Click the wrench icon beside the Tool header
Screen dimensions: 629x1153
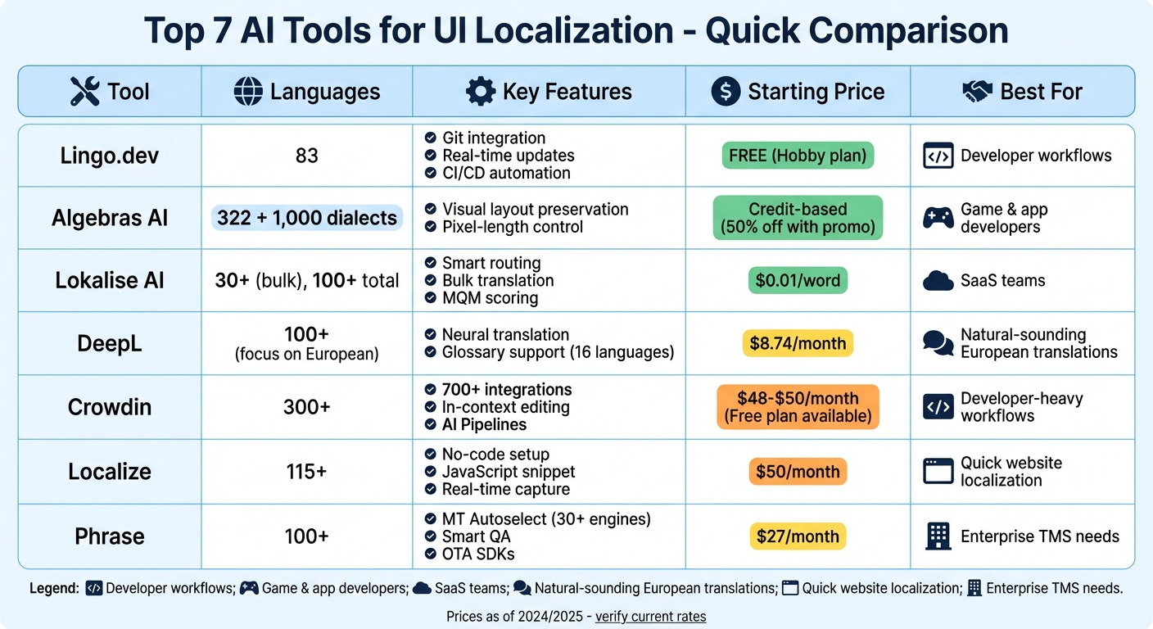coord(84,91)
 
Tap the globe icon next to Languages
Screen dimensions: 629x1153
coord(247,91)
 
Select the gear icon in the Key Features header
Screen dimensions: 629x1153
coord(481,91)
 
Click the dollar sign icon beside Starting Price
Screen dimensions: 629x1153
coord(726,91)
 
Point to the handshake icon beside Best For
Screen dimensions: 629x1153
coord(977,91)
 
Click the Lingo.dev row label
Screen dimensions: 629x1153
coord(110,156)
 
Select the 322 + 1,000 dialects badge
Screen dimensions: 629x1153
coord(307,218)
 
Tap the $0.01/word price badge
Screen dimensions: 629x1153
coord(798,281)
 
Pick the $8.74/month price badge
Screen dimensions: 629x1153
coord(798,343)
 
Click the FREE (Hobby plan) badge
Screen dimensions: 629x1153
coord(798,156)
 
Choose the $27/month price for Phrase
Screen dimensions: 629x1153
coord(798,536)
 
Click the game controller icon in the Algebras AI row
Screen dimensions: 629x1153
coord(938,218)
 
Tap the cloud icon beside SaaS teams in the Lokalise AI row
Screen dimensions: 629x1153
coord(938,281)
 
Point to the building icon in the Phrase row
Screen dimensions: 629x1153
coord(938,536)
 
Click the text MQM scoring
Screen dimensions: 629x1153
coord(490,298)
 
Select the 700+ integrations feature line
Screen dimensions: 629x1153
coord(506,390)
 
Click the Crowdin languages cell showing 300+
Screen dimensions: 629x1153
coord(307,407)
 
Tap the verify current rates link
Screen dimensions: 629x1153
coord(650,617)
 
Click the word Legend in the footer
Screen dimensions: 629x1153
coord(54,588)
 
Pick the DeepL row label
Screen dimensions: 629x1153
coord(110,343)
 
